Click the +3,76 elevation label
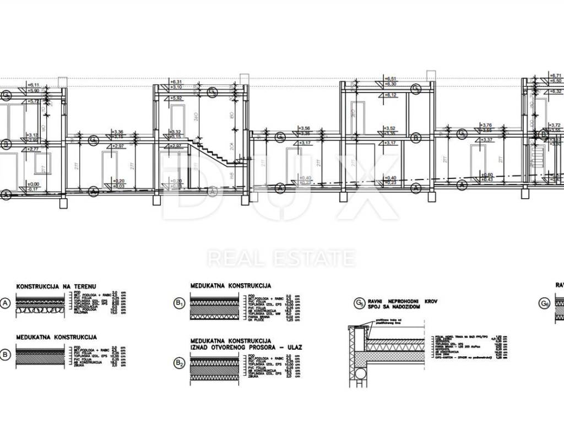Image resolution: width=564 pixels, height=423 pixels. point(486,125)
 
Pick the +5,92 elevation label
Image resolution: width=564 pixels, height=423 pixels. point(177,98)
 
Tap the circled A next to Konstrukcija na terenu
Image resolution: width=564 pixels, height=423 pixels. point(7,303)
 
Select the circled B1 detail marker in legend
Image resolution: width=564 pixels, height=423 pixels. point(179,303)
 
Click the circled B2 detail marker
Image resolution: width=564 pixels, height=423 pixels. point(179,364)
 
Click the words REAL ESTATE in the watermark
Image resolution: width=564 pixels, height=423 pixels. point(281,258)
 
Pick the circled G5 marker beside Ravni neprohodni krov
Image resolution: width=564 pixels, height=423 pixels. point(359,302)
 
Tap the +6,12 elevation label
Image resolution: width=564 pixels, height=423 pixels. point(391,95)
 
